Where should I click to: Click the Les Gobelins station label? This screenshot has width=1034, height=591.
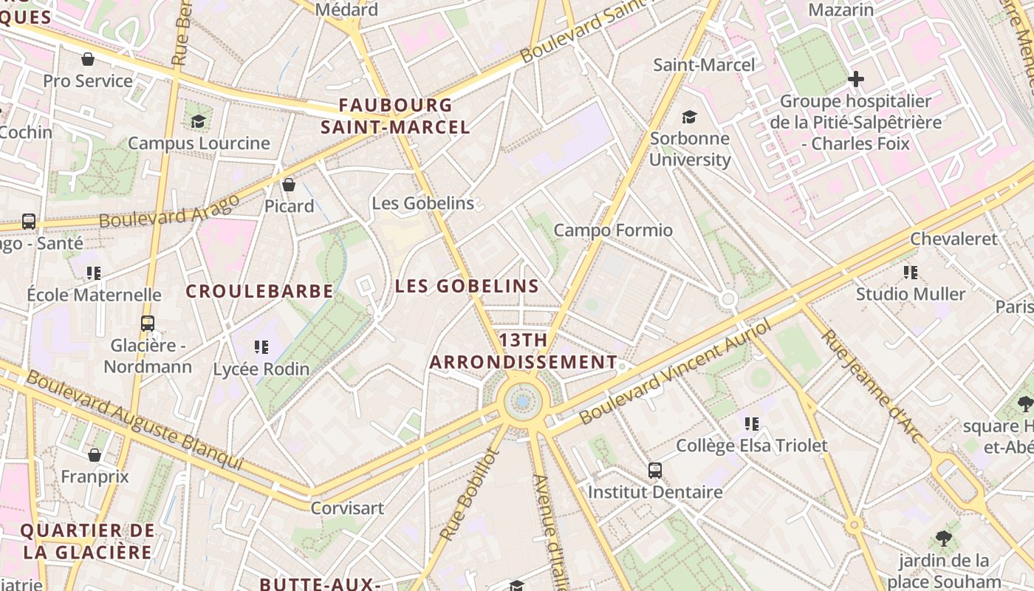click(422, 203)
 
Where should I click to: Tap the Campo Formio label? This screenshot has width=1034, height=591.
click(613, 230)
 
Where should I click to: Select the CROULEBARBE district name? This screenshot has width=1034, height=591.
click(259, 291)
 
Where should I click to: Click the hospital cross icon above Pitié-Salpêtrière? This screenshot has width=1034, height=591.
click(856, 78)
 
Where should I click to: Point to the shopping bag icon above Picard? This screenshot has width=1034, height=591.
click(289, 184)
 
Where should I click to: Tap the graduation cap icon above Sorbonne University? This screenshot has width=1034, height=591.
click(689, 117)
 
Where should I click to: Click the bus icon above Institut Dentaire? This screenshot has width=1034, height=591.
click(654, 470)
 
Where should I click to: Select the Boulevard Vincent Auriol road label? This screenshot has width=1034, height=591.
click(675, 372)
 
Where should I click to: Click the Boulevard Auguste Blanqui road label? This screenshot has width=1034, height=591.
click(134, 419)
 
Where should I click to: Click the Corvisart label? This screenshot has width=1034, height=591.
click(347, 508)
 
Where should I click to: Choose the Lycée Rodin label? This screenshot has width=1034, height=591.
click(261, 369)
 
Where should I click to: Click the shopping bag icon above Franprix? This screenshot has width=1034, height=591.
click(95, 455)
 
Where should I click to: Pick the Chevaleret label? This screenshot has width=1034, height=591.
click(953, 239)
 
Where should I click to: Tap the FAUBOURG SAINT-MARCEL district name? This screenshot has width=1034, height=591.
click(395, 116)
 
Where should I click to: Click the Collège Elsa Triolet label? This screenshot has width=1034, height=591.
click(752, 445)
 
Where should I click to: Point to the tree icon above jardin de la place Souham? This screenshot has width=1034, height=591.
click(943, 538)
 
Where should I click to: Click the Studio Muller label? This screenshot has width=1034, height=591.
click(910, 294)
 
